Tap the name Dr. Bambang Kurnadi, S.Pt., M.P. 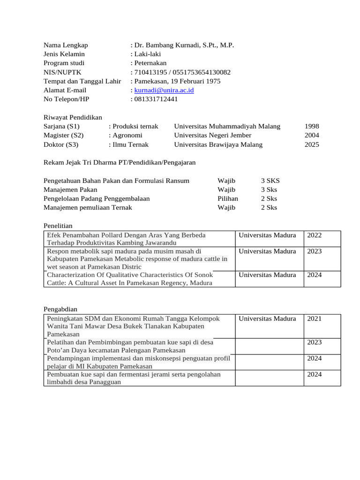click(184, 45)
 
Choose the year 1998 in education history click(312, 126)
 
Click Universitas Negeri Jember click(213, 135)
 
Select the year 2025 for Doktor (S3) click(312, 144)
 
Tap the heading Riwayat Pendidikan click(73, 117)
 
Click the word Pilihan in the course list click(228, 198)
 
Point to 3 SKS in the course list click(270, 180)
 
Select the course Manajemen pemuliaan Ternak click(88, 207)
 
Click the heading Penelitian click(58, 226)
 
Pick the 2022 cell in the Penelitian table click(315, 235)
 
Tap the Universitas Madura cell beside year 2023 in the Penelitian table click(267, 251)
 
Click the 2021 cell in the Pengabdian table click(315, 319)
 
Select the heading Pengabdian click(60, 309)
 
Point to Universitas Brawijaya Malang click(218, 144)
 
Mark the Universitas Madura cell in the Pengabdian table click(267, 319)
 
